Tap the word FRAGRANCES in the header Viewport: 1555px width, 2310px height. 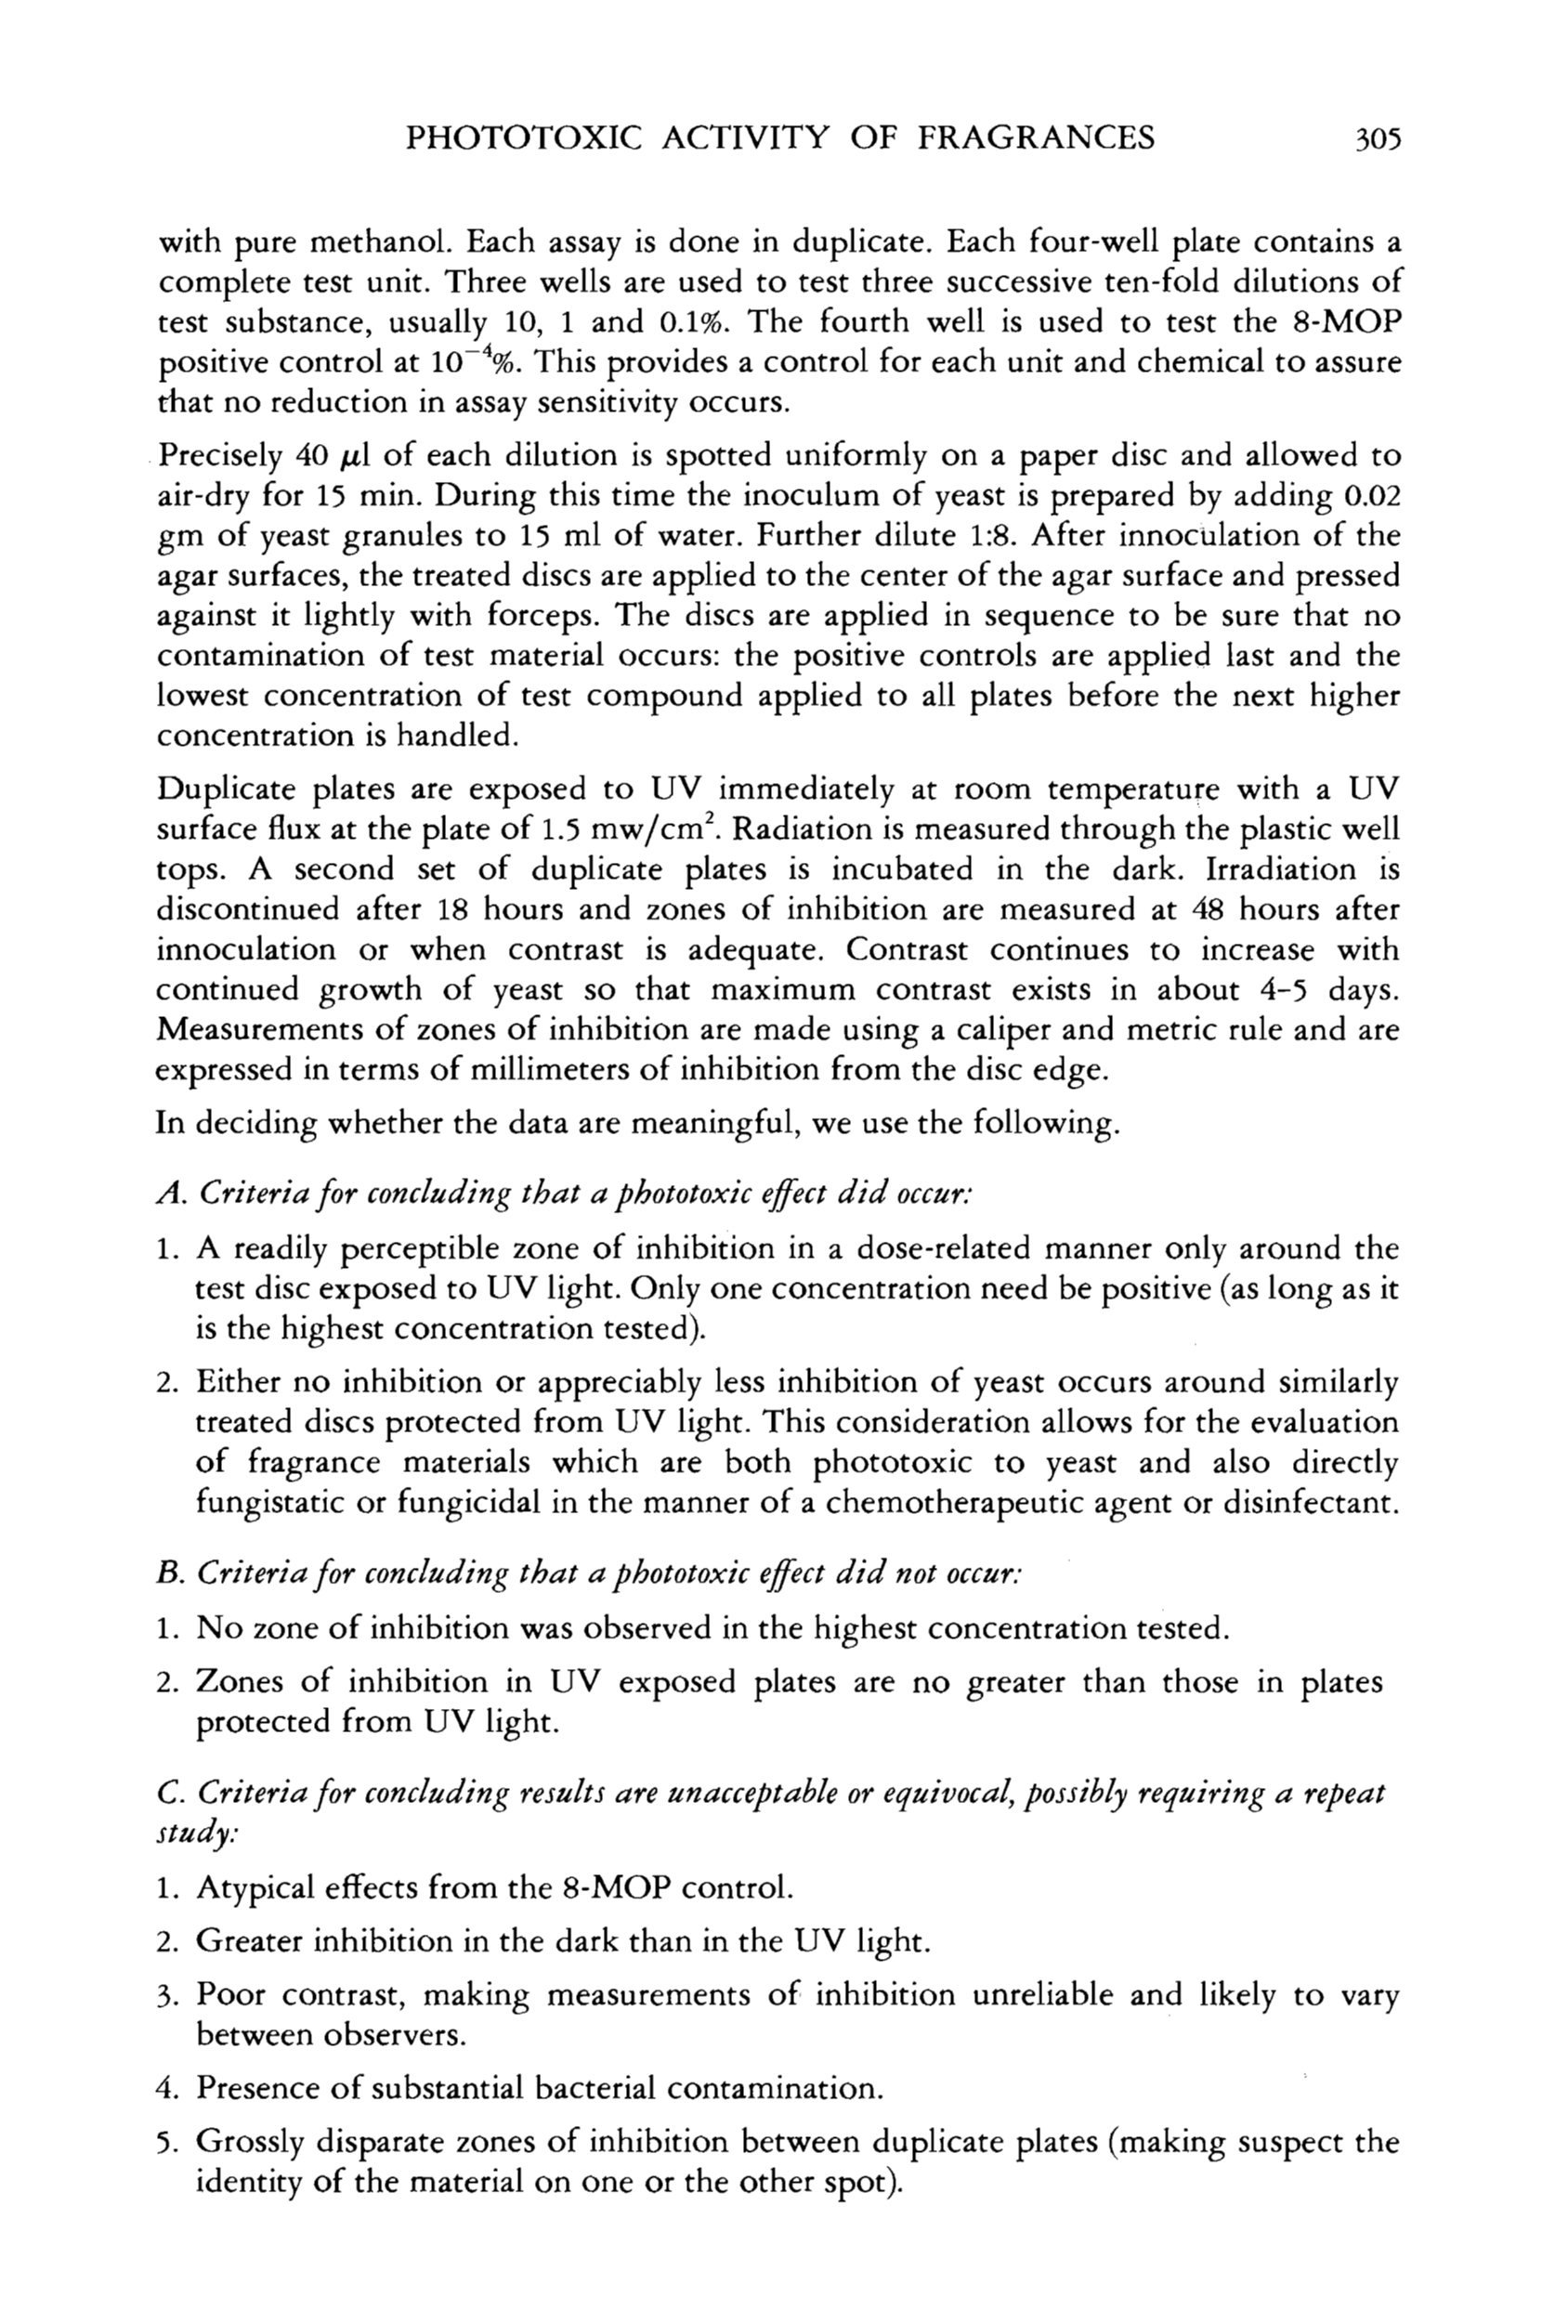tap(1036, 137)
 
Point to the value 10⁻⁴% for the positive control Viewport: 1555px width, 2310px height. tap(470, 362)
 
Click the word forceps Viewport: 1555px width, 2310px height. tap(542, 617)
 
